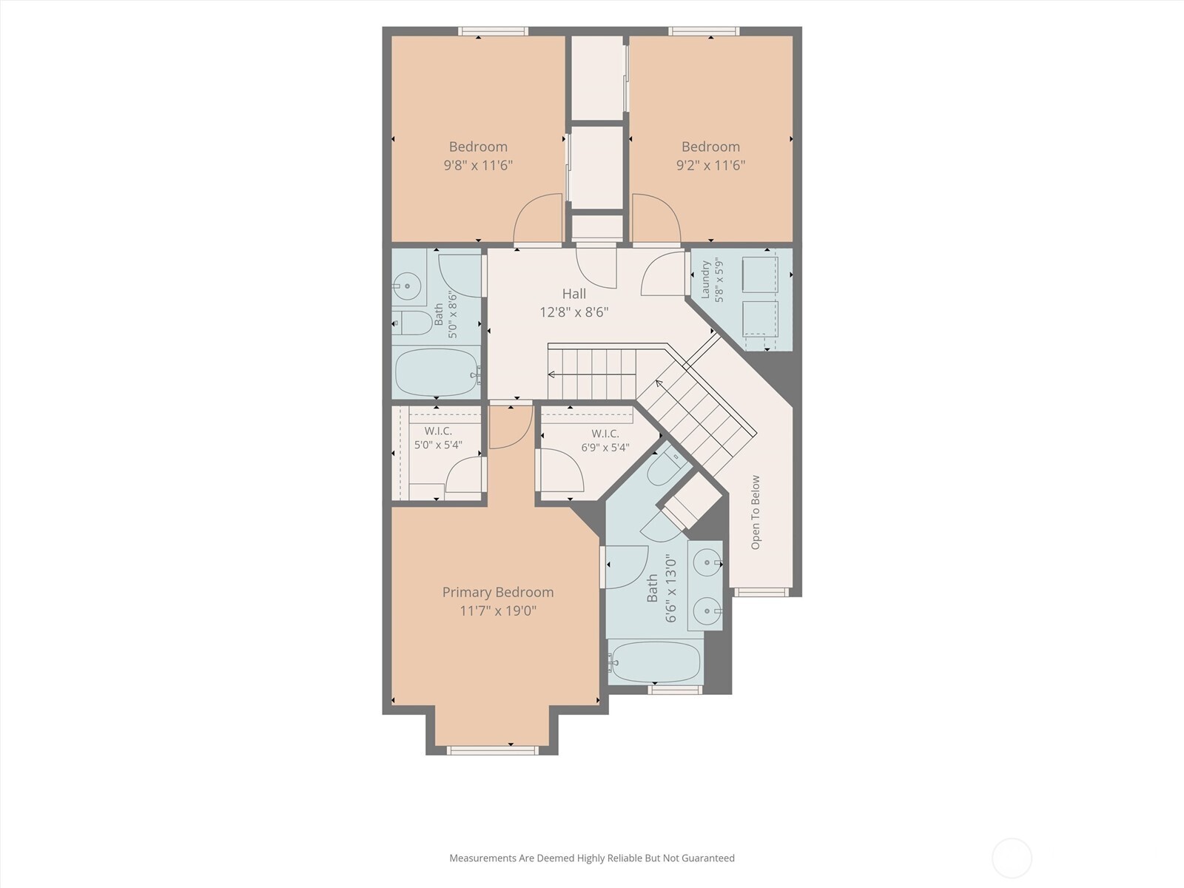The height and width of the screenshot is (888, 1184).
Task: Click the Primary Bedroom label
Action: [497, 592]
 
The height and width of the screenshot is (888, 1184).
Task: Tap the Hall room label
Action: [574, 294]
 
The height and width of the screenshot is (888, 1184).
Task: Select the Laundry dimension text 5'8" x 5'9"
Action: [719, 280]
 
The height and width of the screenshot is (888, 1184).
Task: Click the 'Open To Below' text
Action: [756, 512]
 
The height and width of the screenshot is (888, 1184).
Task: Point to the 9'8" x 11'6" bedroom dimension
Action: [478, 165]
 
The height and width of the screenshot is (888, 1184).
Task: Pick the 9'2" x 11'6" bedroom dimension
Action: [711, 165]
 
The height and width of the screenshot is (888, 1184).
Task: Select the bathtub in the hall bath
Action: [437, 372]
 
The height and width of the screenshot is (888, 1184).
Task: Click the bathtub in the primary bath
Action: [655, 662]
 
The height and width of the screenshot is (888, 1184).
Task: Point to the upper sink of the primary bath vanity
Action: [707, 563]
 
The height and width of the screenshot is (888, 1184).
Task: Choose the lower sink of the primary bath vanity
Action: [707, 611]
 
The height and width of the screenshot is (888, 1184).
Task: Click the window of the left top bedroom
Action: [493, 31]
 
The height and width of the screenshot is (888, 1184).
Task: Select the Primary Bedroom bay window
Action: [493, 750]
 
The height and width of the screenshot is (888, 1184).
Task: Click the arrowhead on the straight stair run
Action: [551, 374]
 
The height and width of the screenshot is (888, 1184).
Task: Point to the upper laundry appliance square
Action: [760, 275]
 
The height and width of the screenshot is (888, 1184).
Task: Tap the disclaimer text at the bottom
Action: [592, 858]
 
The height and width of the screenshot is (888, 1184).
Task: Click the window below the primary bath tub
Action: [676, 690]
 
